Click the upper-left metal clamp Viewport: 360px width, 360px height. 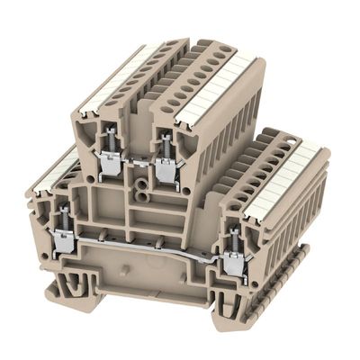(110, 163)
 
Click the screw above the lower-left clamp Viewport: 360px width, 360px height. (65, 218)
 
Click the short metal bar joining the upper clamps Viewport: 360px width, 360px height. (138, 162)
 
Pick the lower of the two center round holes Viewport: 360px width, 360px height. (142, 192)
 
